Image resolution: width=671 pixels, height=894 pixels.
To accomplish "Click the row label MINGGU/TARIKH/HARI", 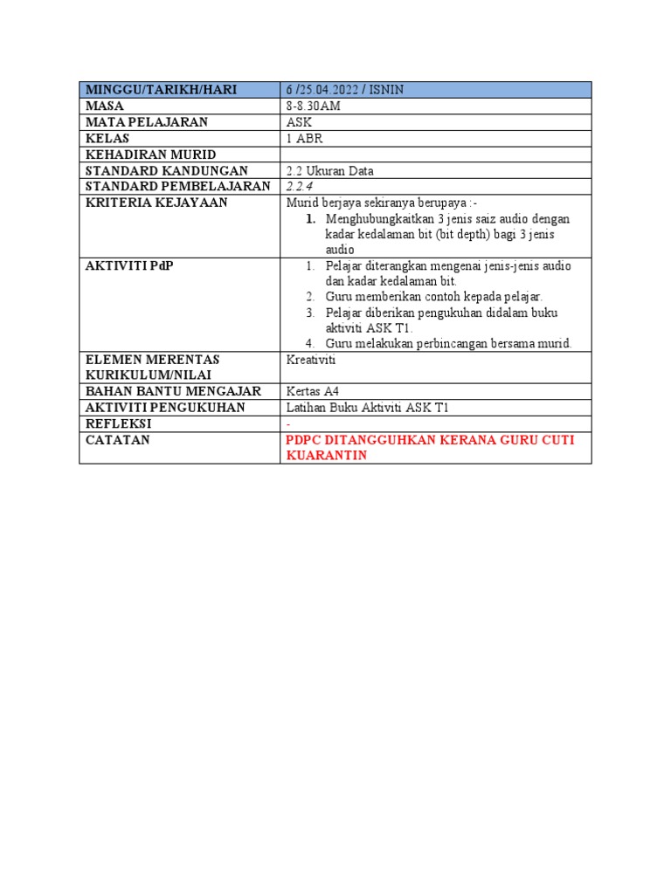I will pos(162,89).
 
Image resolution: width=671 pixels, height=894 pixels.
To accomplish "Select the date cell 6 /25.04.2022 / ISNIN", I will pos(344,89).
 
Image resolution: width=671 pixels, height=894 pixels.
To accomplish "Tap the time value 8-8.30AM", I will pos(313,106).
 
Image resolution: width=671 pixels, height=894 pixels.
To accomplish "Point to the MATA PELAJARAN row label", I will pos(147,122).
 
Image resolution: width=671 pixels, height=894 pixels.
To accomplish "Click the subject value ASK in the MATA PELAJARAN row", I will pos(298,122).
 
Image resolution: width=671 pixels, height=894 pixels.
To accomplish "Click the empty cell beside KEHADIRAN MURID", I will pos(435,155).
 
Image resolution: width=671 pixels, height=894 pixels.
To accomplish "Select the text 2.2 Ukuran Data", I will pos(329,171).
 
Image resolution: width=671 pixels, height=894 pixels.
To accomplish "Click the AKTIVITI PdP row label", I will pos(129,265).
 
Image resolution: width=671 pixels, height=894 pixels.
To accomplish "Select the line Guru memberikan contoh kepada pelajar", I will pos(433,297).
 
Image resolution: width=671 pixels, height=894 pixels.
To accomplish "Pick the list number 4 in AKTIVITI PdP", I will pos(310,344).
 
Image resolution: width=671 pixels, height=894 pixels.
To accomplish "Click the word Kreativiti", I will pos(311,360).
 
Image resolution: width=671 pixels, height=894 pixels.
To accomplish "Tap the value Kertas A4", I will pos(313,391).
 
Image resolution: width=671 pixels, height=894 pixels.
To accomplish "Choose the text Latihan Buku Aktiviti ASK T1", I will pos(367,408).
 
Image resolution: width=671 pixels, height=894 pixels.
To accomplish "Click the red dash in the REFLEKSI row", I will pos(288,423).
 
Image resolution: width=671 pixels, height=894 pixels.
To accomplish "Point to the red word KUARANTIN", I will pos(327,456).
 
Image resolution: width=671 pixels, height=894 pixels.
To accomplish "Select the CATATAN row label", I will pos(118,440).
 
